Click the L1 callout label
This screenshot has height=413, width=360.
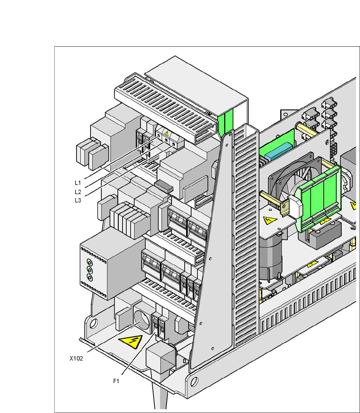78,182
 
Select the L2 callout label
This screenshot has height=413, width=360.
78,192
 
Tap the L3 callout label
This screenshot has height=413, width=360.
78,200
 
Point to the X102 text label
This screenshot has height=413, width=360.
76,358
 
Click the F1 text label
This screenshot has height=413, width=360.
116,381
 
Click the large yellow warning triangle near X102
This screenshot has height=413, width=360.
131,342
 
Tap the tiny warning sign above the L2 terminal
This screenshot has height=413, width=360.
166,134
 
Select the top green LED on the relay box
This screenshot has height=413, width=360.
90,263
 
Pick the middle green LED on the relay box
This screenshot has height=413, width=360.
90,270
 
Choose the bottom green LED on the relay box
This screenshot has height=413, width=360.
90,278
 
